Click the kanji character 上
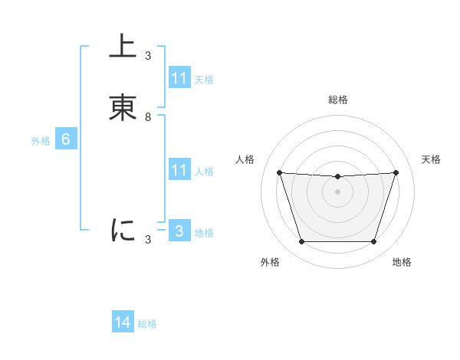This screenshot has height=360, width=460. click(x=123, y=47)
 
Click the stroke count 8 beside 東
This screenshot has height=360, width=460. click(x=148, y=117)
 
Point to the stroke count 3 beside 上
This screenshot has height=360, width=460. click(x=148, y=56)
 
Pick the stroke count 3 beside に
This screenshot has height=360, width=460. click(x=148, y=240)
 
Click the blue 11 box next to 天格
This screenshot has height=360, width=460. click(x=179, y=78)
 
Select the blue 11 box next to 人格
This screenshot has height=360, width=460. click(x=179, y=170)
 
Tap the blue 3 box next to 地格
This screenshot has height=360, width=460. click(x=179, y=231)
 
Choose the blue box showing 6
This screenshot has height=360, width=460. click(x=66, y=139)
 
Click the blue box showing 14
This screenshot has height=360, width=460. click(x=123, y=323)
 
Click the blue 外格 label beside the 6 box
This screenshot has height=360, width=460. click(x=41, y=141)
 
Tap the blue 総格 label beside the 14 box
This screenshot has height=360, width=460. click(x=147, y=325)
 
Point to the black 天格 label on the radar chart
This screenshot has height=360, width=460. click(x=431, y=159)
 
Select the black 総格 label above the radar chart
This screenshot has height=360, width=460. click(x=337, y=100)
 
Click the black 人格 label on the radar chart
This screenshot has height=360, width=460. click(x=245, y=159)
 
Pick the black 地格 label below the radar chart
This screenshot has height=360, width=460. click(x=402, y=262)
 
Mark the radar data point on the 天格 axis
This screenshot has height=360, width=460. click(x=396, y=172)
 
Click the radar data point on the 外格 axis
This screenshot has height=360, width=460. click(x=301, y=242)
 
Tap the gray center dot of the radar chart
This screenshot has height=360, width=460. click(x=337, y=191)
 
